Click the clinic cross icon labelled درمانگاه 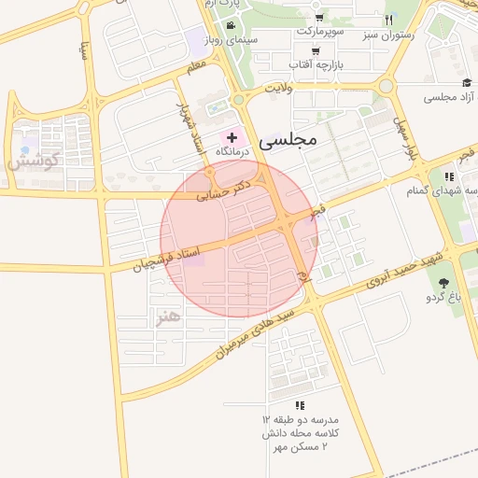[x=232, y=137]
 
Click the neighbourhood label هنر [x=167, y=316]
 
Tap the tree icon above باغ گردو [x=443, y=282]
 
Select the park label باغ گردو [x=444, y=298]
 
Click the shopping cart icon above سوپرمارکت [x=320, y=18]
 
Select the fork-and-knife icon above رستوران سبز [x=388, y=20]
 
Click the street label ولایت [x=277, y=87]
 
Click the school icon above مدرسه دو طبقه [x=300, y=405]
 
